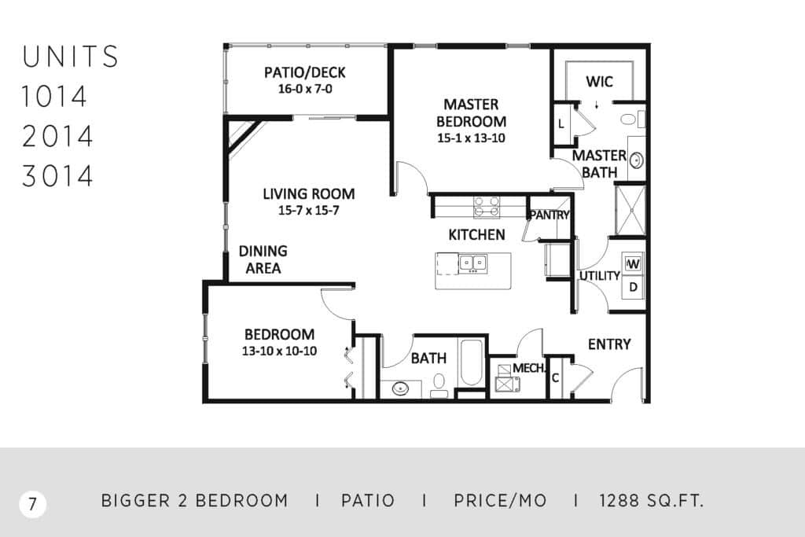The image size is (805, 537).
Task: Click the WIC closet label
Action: tap(599, 82)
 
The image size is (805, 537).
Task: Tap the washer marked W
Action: tap(633, 263)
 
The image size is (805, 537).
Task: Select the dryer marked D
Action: tap(633, 287)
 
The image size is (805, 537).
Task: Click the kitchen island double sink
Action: tap(472, 263)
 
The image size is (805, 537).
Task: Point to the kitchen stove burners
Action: tap(486, 206)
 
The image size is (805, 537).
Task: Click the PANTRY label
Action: tap(550, 215)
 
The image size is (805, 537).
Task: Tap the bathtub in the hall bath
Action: tap(471, 362)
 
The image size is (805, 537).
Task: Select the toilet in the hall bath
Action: tap(439, 385)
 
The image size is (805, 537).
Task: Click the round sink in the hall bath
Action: tap(400, 388)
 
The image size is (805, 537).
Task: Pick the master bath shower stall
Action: tap(630, 209)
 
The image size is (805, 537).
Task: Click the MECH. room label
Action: tap(528, 368)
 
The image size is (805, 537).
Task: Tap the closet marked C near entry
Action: tap(555, 378)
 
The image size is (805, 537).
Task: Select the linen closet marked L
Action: tap(561, 123)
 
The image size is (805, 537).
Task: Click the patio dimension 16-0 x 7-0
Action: tap(305, 89)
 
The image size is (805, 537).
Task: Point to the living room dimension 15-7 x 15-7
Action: tap(308, 210)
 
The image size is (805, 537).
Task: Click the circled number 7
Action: tap(33, 504)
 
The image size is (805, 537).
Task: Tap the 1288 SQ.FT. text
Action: tap(651, 501)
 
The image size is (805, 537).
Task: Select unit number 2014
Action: tap(57, 137)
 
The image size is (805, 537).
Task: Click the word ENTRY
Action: tap(609, 344)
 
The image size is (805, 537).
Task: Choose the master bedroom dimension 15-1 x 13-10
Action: tap(471, 138)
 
